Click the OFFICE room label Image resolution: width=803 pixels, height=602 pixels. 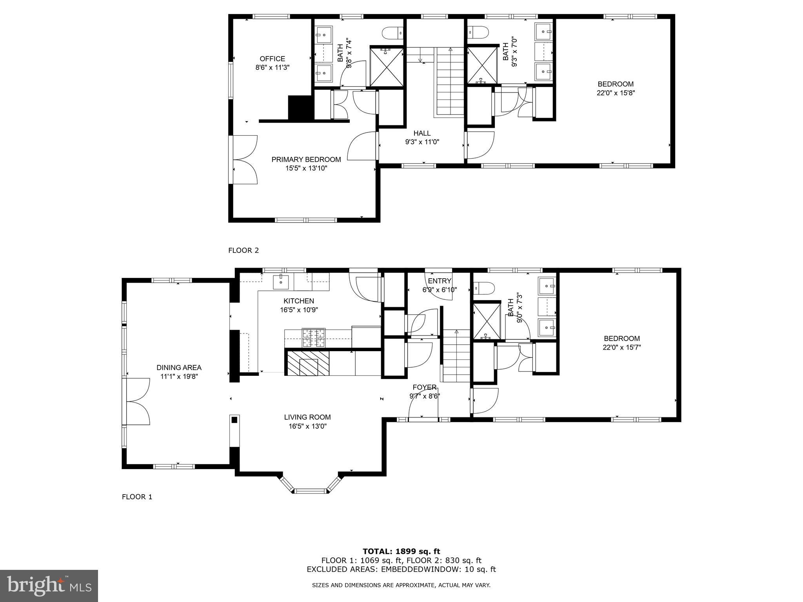pyautogui.click(x=272, y=59)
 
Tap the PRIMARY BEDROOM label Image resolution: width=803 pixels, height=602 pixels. pyautogui.click(x=306, y=160)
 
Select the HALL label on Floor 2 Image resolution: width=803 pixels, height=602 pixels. pyautogui.click(x=422, y=133)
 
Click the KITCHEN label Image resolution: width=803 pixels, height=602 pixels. pyautogui.click(x=298, y=301)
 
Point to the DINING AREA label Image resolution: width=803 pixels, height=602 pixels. pyautogui.click(x=179, y=368)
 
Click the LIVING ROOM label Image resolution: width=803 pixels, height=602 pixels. pyautogui.click(x=307, y=417)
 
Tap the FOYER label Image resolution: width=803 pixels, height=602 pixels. pyautogui.click(x=424, y=387)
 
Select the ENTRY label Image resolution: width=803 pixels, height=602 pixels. pyautogui.click(x=440, y=281)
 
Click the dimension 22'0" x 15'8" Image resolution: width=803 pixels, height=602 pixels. pyautogui.click(x=616, y=93)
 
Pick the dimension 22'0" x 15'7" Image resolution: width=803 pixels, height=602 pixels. pyautogui.click(x=621, y=347)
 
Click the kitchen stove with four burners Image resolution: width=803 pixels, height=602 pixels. pyautogui.click(x=313, y=338)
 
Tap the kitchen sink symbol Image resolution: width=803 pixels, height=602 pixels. pyautogui.click(x=281, y=281)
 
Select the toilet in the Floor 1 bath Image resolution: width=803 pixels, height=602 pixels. pyautogui.click(x=483, y=288)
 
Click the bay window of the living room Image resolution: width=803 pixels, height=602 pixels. pyautogui.click(x=310, y=490)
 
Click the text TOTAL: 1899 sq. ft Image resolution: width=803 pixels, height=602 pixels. pyautogui.click(x=401, y=551)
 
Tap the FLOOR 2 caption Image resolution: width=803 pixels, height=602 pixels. pyautogui.click(x=243, y=250)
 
